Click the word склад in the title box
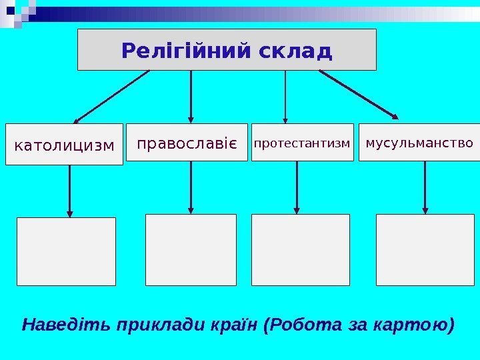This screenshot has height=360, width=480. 297,50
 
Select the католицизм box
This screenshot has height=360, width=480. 64,144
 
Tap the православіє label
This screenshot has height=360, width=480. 187,143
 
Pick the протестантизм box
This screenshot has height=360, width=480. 302,143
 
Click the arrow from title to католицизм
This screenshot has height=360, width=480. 110,97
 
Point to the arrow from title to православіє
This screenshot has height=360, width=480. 191,97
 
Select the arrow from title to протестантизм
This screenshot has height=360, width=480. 285,97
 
